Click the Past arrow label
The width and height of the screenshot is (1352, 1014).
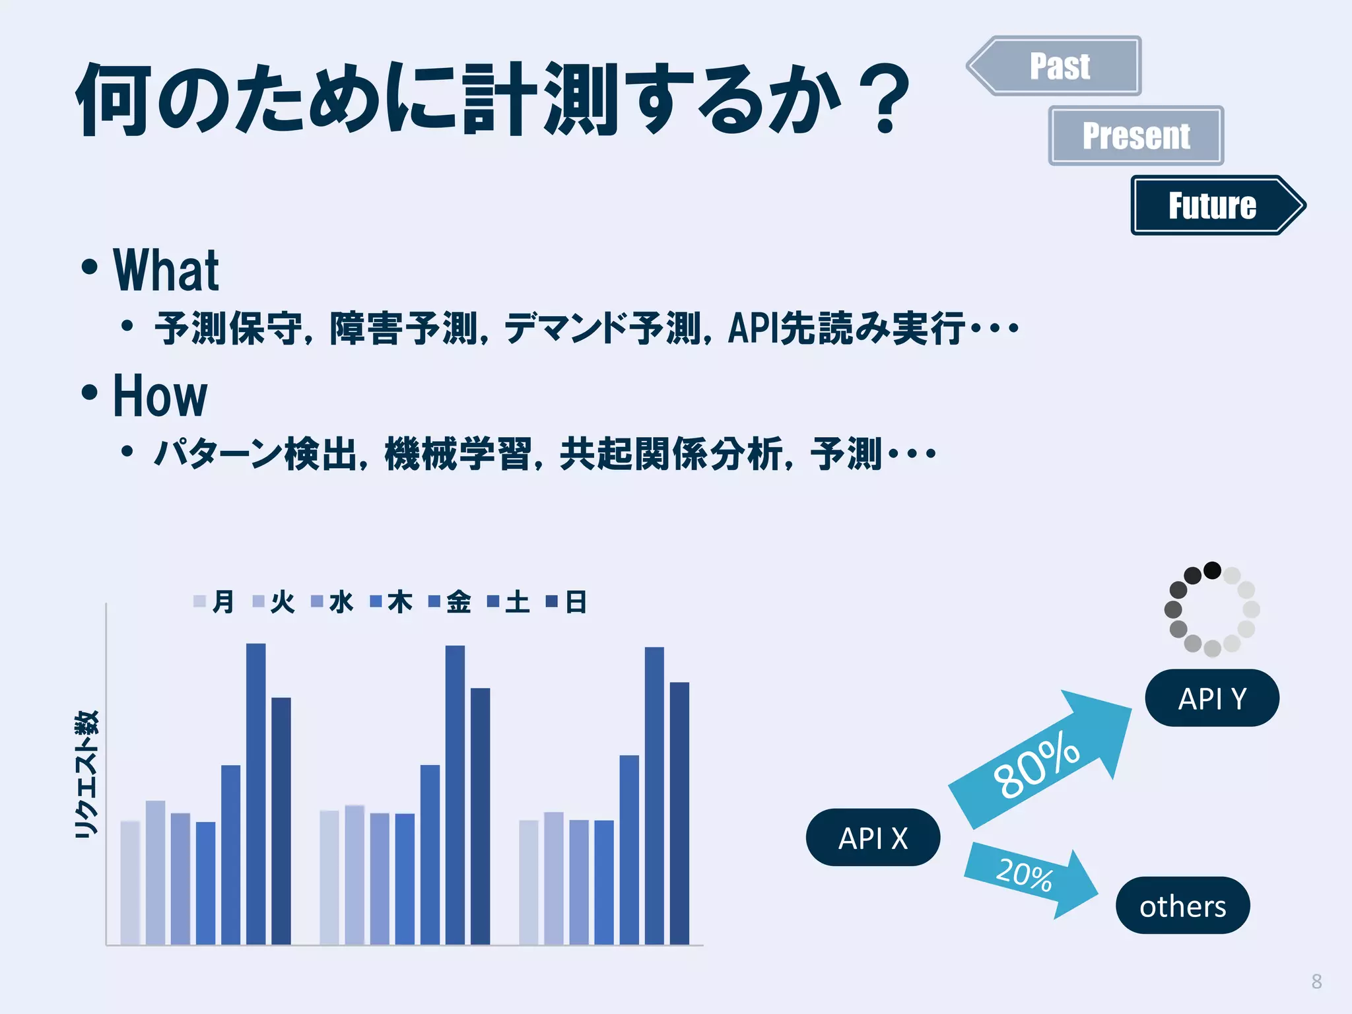1060,66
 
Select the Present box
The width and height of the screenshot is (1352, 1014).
1136,135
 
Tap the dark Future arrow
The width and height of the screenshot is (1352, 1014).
1212,205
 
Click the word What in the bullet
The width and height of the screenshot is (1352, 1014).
166,270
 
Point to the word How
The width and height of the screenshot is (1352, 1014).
160,395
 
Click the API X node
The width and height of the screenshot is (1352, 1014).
873,838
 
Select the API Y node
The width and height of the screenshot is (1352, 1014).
1212,698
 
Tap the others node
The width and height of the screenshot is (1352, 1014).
1182,906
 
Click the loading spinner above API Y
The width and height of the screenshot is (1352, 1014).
1212,609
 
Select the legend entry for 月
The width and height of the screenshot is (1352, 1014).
215,601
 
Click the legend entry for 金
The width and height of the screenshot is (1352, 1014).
450,601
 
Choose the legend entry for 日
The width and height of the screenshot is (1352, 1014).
567,601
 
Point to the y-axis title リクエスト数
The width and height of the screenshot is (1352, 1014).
87,774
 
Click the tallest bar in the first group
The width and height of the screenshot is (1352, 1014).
256,792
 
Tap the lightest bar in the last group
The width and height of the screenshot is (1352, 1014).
529,881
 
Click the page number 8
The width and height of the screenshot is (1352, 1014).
1316,982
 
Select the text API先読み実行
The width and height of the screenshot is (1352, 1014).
845,328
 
